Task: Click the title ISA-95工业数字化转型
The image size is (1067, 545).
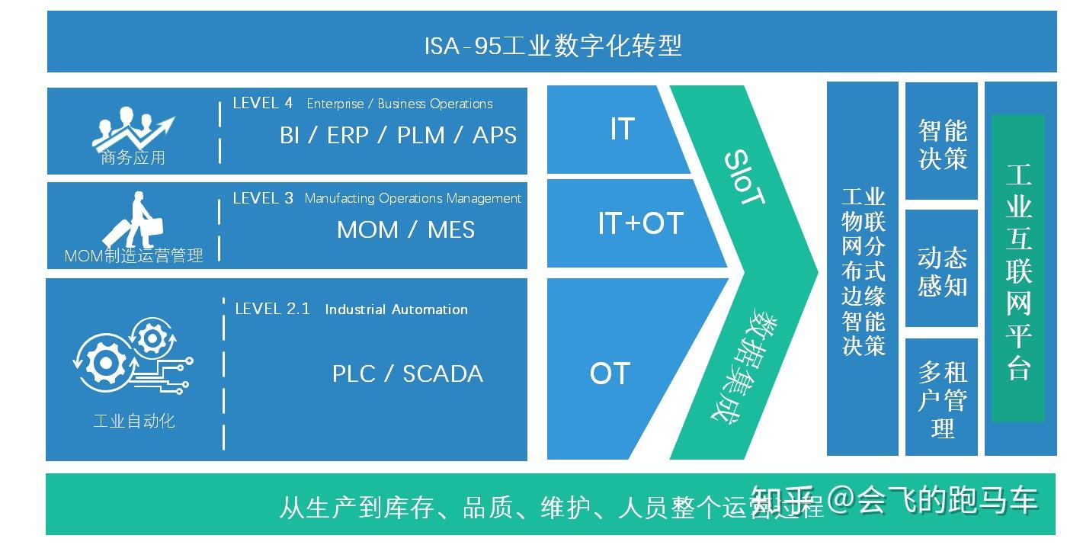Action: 553,46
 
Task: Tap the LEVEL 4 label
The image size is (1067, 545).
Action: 262,103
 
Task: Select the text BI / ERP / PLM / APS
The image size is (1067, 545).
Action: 398,136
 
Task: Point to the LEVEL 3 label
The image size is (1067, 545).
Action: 263,198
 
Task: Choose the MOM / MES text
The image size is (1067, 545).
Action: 405,229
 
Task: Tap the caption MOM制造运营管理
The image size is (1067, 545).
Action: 133,256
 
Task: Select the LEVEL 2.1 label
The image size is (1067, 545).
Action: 272,309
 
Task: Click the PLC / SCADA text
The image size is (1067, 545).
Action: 407,374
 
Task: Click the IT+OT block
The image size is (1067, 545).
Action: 639,223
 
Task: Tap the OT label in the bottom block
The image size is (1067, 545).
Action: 610,373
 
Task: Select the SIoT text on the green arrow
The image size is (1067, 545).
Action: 743,178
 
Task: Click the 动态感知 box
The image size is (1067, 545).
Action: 941,271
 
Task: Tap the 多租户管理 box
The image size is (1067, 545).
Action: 941,398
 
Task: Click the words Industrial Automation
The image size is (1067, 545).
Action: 396,309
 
